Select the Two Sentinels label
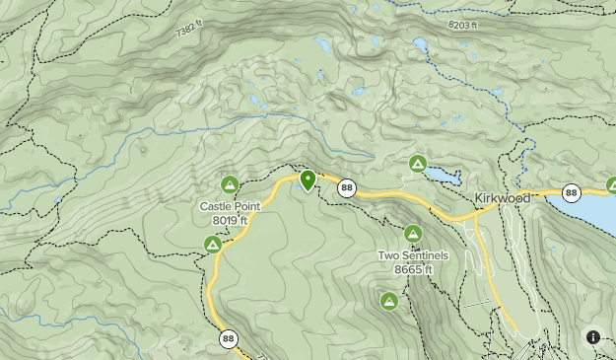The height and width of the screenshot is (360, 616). (413, 255)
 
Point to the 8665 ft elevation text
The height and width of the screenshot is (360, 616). (413, 268)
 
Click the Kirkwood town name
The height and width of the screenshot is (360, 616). (502, 197)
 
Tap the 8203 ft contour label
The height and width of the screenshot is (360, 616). (462, 25)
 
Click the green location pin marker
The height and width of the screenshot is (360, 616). (308, 180)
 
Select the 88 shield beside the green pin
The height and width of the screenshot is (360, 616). (346, 186)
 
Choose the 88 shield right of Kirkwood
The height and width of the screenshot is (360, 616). (571, 192)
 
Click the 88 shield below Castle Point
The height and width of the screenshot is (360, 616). (229, 338)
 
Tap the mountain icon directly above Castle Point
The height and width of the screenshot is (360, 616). (230, 183)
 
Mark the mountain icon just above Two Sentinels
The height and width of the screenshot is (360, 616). (413, 234)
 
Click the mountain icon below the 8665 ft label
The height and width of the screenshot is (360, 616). (388, 300)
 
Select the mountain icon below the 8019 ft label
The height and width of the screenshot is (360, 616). (212, 244)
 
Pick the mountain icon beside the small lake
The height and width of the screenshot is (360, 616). (417, 163)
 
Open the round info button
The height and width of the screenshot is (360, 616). (593, 337)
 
